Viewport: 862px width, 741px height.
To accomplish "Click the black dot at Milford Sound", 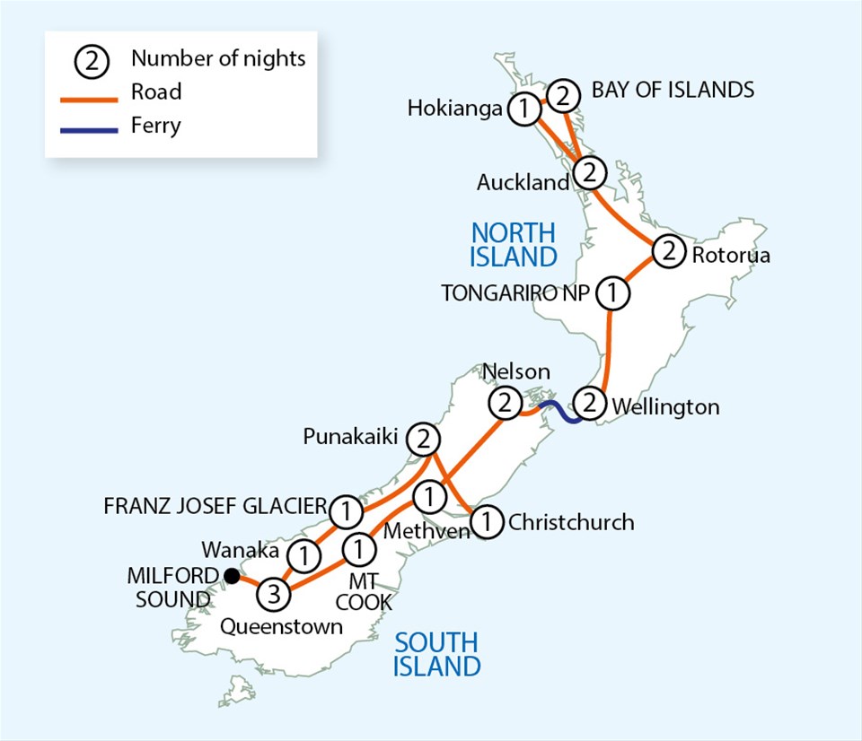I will pos(232,575).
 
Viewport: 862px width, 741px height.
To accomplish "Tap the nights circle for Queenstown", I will pos(275,593).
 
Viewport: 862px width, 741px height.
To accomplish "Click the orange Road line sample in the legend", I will pos(90,92).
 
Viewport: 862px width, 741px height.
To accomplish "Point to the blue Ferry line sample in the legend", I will pos(90,126).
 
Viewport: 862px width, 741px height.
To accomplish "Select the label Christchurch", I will pos(570,521).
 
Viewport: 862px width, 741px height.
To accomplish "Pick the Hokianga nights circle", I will pos(523,109).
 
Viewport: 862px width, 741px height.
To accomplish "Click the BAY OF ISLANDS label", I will pos(673,90).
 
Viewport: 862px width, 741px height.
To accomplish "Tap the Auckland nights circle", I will pos(589,170).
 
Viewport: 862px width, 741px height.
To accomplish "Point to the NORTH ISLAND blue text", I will pos(514,244).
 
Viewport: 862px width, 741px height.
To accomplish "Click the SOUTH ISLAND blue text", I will pos(437,654).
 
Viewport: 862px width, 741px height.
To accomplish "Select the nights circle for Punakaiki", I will pos(424,440).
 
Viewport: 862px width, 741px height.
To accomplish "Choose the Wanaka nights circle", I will pos(305,556).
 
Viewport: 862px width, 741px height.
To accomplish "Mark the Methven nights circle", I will pos(430,494).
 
